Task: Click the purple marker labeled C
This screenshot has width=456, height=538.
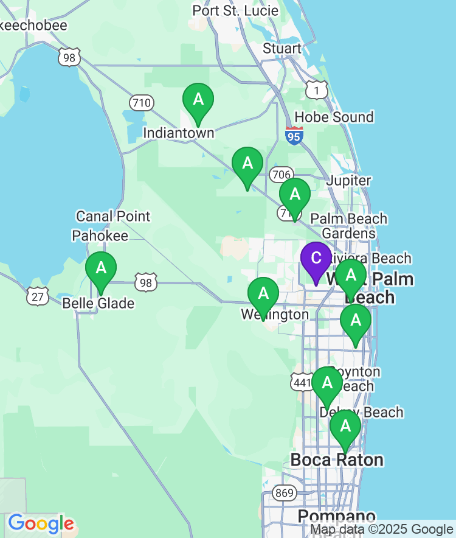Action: [x=316, y=258]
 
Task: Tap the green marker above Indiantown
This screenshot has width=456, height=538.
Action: [x=198, y=99]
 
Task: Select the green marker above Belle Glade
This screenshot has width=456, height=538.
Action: [x=101, y=268]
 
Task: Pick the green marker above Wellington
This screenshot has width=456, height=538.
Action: [x=263, y=294]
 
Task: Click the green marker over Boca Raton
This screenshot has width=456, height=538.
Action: [x=345, y=427]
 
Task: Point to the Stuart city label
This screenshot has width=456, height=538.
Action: [x=282, y=49]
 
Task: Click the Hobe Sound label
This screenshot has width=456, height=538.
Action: [x=334, y=117]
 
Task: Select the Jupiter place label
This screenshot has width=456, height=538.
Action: [x=348, y=181]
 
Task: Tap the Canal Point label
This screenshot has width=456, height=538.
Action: [x=113, y=216]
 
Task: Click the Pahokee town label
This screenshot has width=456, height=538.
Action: [x=100, y=236]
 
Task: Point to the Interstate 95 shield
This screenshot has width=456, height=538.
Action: [x=294, y=136]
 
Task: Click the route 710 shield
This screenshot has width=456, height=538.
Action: [x=141, y=103]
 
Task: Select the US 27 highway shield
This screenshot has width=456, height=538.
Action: [x=38, y=296]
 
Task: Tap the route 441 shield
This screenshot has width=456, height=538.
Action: [x=302, y=382]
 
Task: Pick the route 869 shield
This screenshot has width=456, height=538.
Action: [x=284, y=493]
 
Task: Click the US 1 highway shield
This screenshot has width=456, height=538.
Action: [x=317, y=91]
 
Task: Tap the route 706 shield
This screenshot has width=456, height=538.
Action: [x=281, y=175]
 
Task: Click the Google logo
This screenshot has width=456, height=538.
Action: [x=41, y=523]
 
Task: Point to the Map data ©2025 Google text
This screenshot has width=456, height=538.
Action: [x=382, y=529]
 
